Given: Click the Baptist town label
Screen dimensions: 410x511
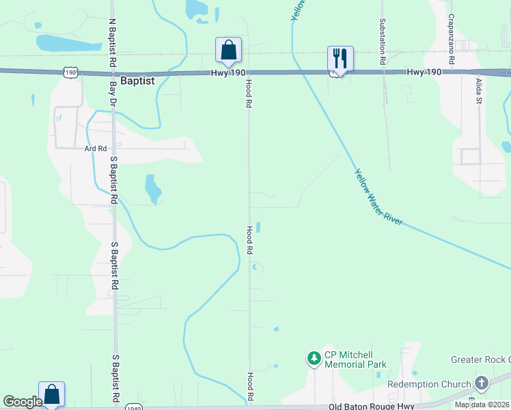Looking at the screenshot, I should pyautogui.click(x=137, y=81).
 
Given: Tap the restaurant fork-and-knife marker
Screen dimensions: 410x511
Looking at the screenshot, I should pyautogui.click(x=340, y=58).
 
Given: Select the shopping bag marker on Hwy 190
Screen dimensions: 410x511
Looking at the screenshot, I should pyautogui.click(x=228, y=49).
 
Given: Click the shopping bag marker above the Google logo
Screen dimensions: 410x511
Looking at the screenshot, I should pyautogui.click(x=51, y=394).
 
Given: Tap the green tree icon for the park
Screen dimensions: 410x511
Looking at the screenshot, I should pyautogui.click(x=314, y=357).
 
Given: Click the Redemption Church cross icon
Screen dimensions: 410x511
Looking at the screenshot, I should pyautogui.click(x=481, y=384).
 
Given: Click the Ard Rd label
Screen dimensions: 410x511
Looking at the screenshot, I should pyautogui.click(x=96, y=148).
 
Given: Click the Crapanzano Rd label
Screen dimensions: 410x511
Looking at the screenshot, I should pyautogui.click(x=452, y=40).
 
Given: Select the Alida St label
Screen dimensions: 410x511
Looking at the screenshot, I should pyautogui.click(x=479, y=91).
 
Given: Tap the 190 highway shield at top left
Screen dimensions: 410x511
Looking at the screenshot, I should pyautogui.click(x=71, y=71).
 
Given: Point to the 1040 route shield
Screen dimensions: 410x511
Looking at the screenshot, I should pyautogui.click(x=134, y=407).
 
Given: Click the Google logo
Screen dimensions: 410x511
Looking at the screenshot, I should pyautogui.click(x=22, y=402).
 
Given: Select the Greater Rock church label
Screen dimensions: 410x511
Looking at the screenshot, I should pyautogui.click(x=480, y=359).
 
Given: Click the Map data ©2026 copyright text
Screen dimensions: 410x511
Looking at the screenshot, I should pyautogui.click(x=482, y=405).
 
